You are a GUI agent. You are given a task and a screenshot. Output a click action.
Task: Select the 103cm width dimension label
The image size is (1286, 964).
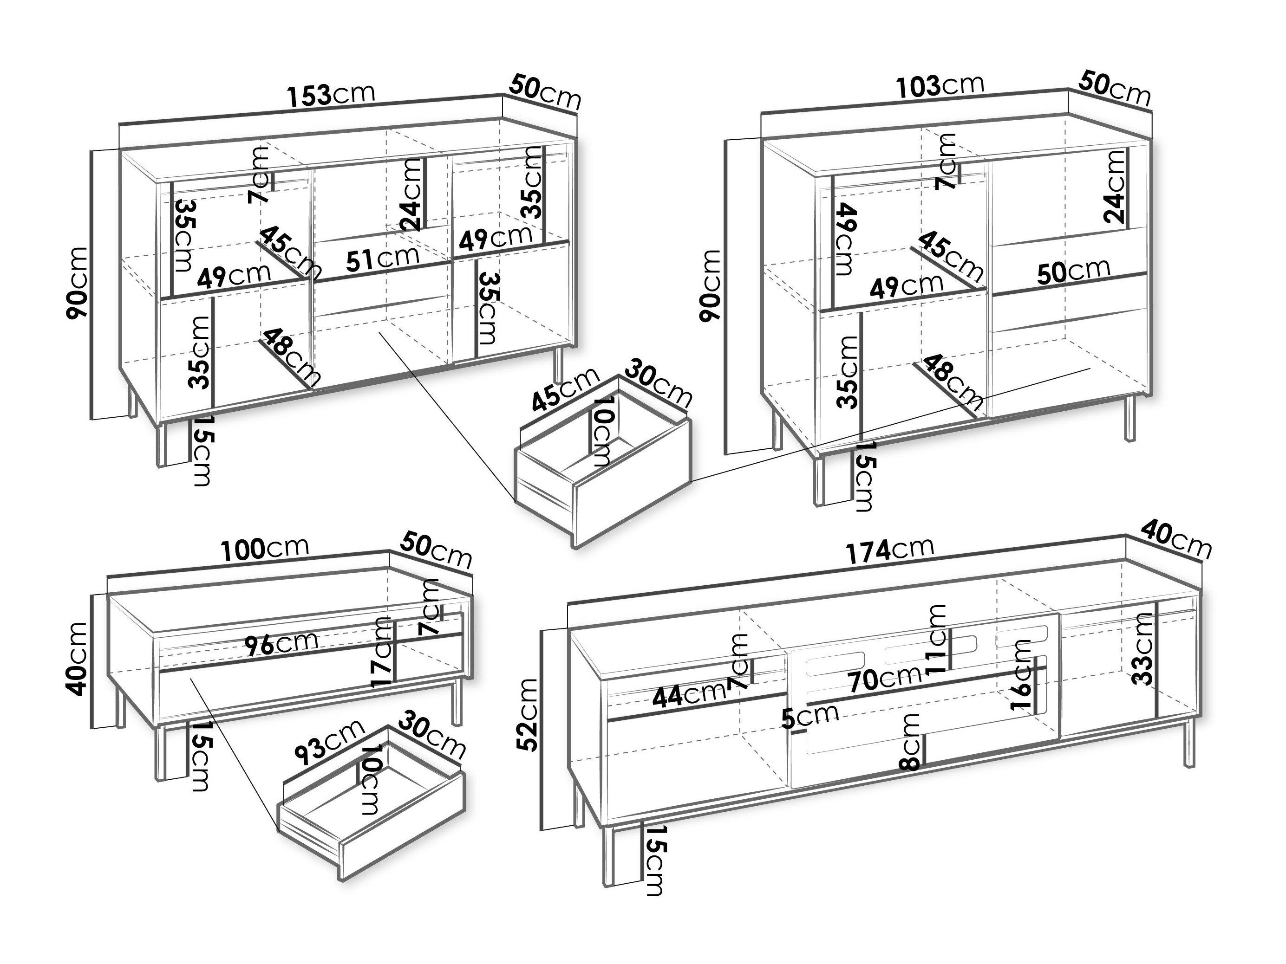click(940, 86)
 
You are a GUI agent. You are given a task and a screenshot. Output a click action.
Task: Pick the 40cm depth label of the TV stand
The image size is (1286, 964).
click(1175, 540)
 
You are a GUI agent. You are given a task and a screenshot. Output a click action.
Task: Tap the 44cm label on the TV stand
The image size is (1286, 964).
click(688, 695)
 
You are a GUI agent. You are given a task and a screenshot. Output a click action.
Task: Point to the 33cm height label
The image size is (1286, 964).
click(1143, 649)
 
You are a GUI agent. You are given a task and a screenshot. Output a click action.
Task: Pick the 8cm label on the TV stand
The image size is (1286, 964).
click(910, 742)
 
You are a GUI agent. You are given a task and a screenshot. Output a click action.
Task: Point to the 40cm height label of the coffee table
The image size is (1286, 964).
click(77, 658)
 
